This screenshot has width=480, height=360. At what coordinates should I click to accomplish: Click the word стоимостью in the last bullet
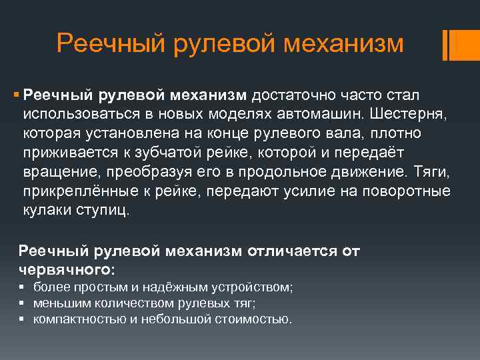(253, 319)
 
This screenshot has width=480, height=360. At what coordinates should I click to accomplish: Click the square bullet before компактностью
(22, 319)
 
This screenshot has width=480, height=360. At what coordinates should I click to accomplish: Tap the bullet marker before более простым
(22, 287)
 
